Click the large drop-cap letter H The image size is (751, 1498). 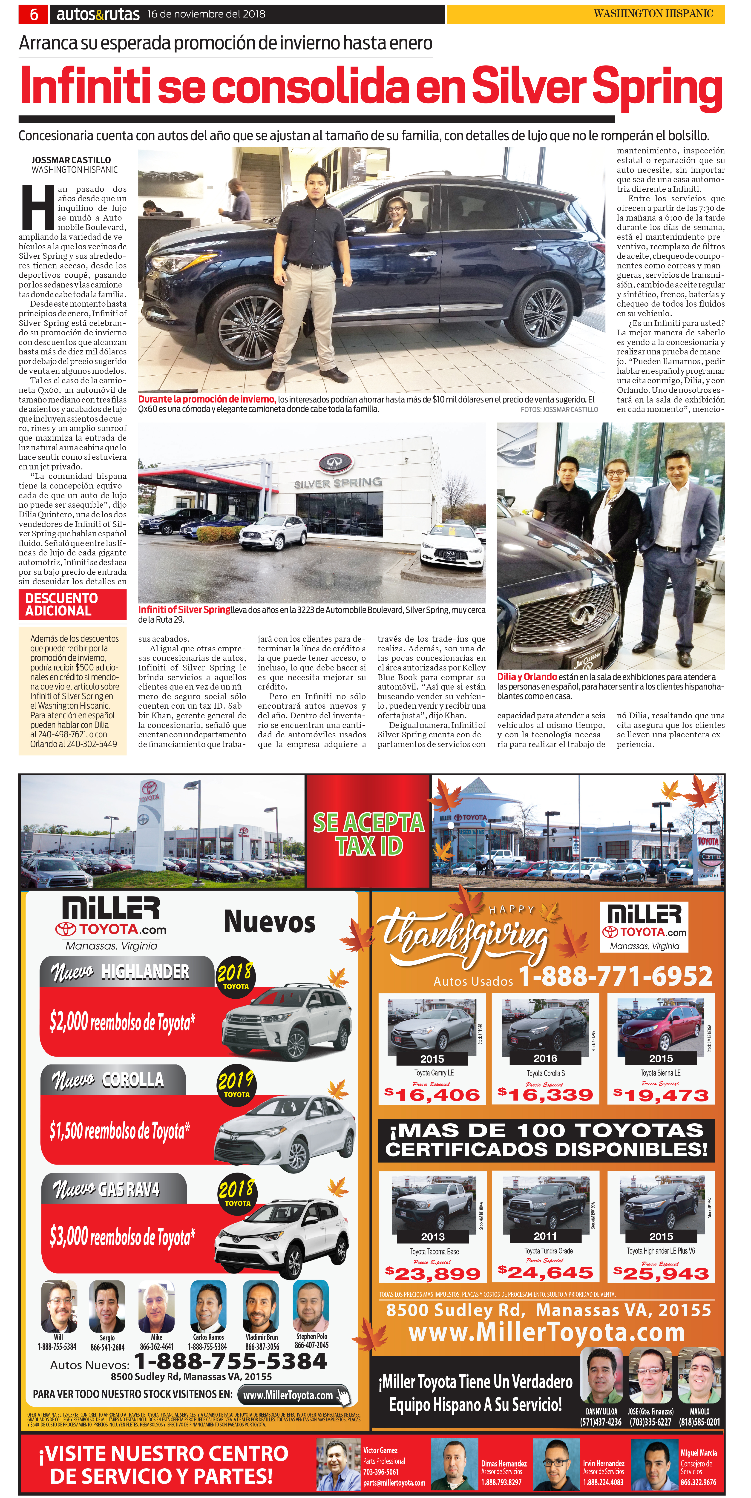[x=38, y=208]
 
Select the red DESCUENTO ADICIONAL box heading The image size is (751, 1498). [x=72, y=604]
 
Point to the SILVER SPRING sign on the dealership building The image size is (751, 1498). [x=338, y=483]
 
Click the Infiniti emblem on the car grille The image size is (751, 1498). [x=580, y=612]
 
